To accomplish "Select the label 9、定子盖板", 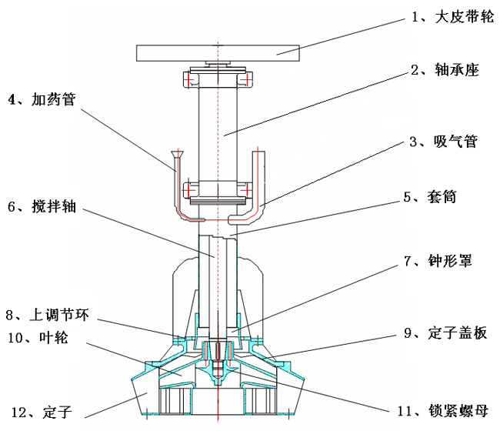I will coord(445,333).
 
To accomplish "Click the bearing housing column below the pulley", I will coord(218,131).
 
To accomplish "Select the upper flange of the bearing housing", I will coord(218,79).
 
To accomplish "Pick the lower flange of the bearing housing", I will coord(218,188).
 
